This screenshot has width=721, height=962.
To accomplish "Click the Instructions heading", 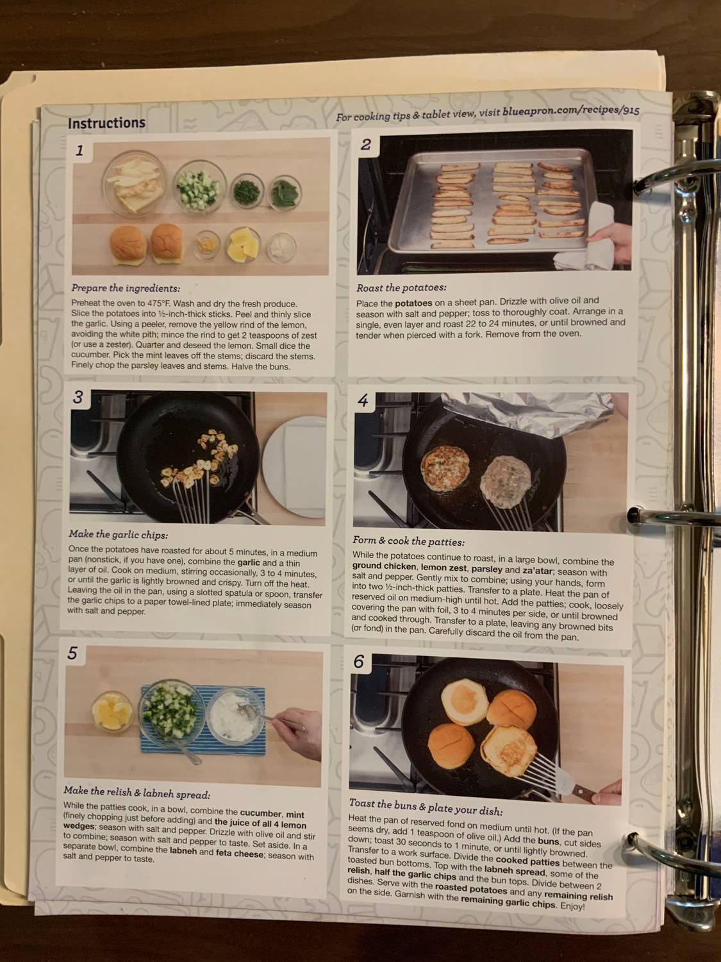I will click(x=106, y=122).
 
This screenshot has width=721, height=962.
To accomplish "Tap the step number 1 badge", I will click(x=79, y=151).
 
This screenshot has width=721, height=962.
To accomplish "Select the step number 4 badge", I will click(x=363, y=401).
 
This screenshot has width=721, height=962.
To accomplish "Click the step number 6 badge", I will click(x=359, y=662).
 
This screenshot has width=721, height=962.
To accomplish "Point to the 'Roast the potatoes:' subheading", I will click(x=401, y=288).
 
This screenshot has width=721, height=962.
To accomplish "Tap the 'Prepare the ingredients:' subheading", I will click(x=126, y=288).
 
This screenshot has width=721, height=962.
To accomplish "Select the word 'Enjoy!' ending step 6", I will click(x=572, y=906).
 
